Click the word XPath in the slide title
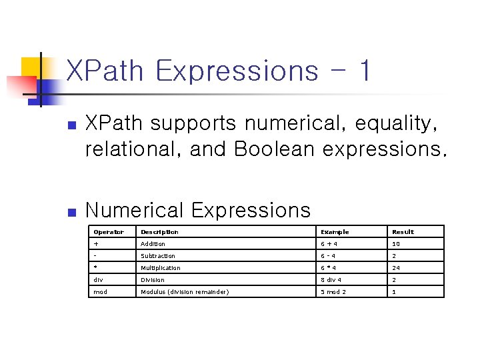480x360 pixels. (x=106, y=71)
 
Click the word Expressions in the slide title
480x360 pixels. (x=236, y=71)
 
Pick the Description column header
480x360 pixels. (x=159, y=232)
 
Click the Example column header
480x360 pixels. (x=335, y=232)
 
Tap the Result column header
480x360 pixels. (x=403, y=232)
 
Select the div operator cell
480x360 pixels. (x=99, y=280)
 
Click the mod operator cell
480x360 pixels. (x=101, y=292)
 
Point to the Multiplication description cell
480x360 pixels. (x=160, y=268)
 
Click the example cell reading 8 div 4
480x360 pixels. (x=332, y=280)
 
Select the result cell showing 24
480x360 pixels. (x=396, y=268)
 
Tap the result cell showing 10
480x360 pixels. (x=396, y=244)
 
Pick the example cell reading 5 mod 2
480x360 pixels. (x=333, y=292)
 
